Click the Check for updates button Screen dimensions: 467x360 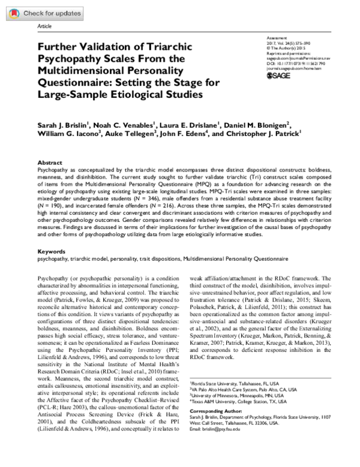pos(37,13)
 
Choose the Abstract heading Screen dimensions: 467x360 pos(50,162)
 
